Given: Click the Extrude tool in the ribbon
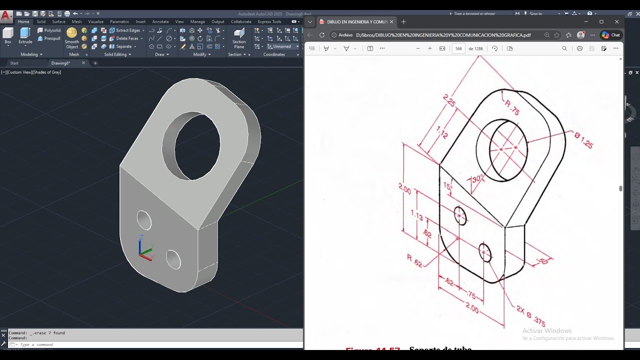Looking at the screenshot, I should [25, 35].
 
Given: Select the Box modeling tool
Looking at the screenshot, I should [8, 35].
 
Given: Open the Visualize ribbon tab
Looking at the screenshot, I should [95, 21].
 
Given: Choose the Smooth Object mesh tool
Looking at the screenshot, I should [72, 37].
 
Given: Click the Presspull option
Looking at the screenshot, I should [49, 38].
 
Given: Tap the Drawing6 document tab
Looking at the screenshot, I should [61, 63].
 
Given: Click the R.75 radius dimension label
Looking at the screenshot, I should [512, 108].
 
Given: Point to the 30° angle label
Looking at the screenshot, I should [477, 178].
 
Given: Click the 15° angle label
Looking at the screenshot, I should [447, 186].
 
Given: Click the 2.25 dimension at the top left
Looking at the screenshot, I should [449, 101].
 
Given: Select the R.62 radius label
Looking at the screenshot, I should [414, 260].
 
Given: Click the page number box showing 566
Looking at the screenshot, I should [458, 48].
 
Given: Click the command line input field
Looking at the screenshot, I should [150, 344].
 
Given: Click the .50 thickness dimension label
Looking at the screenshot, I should [542, 260].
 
